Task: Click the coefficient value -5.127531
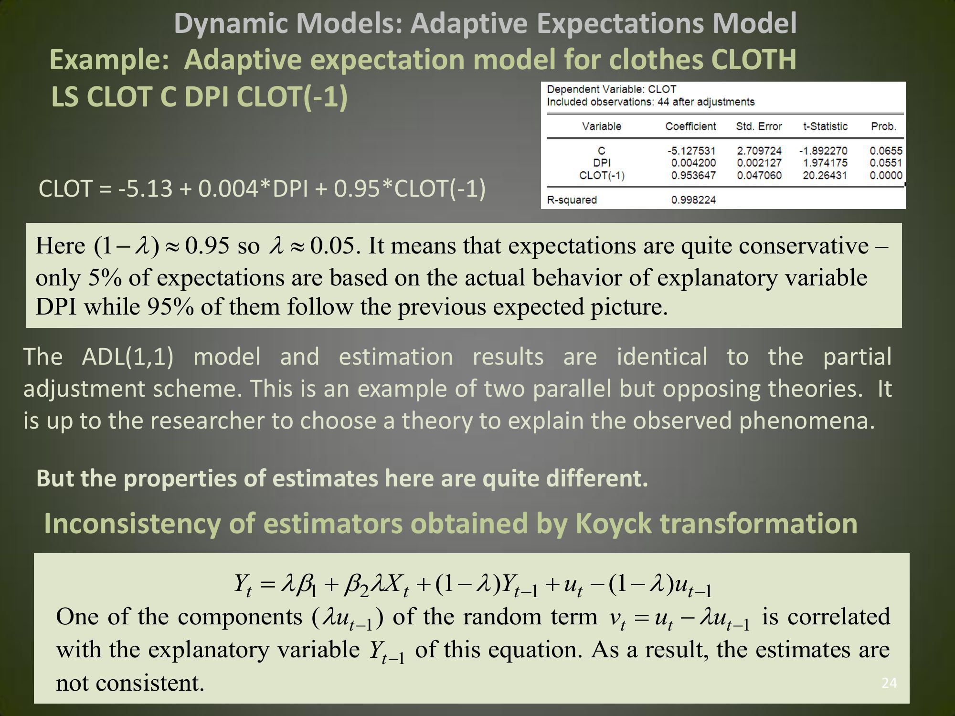pos(691,151)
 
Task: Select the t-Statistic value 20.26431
pos(825,175)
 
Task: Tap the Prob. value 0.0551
pos(886,163)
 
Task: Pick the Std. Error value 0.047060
pos(759,175)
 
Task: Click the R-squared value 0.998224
pos(693,200)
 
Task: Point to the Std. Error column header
pos(759,126)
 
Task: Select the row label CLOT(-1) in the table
pos(602,175)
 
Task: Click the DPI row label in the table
pos(602,163)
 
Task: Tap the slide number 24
pos(889,683)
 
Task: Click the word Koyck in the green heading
pos(614,524)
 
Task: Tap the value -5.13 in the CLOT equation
pos(145,189)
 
